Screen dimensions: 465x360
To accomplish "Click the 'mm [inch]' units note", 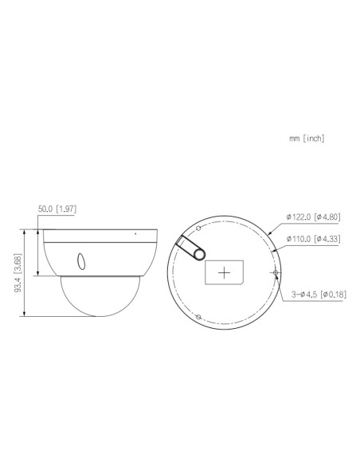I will [307, 138].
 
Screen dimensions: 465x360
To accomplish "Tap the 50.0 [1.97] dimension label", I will [57, 209].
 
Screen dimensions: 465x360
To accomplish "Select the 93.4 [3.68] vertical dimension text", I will [17, 272].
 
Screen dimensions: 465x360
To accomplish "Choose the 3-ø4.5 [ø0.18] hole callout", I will [317, 295].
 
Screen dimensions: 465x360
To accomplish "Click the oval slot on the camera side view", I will [80, 260].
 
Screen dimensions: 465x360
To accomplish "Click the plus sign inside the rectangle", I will [225, 272].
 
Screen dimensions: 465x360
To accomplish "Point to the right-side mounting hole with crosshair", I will [276, 272].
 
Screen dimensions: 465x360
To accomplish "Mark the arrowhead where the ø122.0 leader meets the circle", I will [269, 233].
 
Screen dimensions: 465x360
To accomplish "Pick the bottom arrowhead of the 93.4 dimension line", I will [28, 315].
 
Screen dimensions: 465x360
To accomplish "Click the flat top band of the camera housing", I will [100, 234].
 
